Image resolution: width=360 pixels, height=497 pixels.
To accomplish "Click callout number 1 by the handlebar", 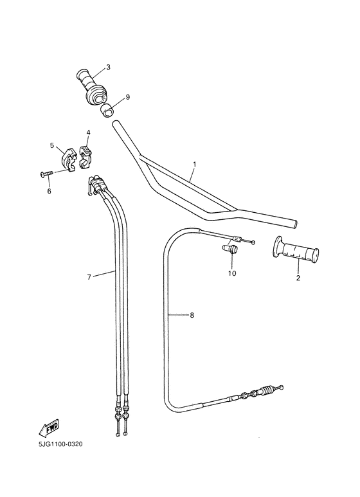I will tap(194, 165).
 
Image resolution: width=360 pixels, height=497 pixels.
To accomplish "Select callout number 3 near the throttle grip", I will tap(108, 68).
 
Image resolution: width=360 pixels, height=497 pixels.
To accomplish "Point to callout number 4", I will tap(88, 133).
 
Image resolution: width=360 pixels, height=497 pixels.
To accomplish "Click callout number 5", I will tap(52, 145).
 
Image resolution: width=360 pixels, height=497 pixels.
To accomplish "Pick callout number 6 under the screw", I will tap(49, 191).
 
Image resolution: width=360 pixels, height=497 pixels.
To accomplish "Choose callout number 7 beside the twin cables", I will tap(89, 277).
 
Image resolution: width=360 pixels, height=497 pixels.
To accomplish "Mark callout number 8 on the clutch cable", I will tap(190, 315).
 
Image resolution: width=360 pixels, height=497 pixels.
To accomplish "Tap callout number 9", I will tap(127, 97).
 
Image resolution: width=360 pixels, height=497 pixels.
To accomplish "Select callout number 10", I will tap(232, 273).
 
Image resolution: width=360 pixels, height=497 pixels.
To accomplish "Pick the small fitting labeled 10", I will tap(230, 248).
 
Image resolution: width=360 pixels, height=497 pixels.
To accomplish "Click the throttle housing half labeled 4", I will tap(85, 154).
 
